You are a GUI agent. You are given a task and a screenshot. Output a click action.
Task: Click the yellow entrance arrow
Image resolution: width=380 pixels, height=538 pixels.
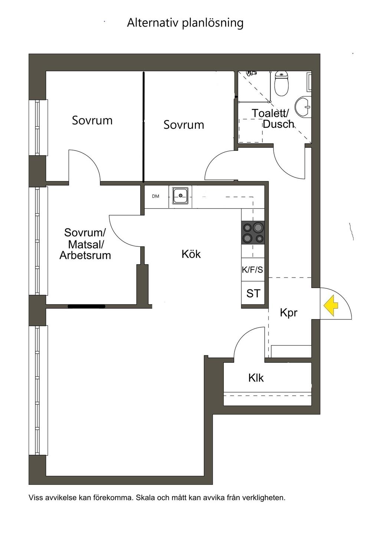pos(331,305)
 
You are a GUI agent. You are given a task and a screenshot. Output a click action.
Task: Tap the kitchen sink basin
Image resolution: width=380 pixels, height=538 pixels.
pos(180,196)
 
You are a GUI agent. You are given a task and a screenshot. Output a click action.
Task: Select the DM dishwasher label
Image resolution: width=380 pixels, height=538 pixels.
pos(155,196)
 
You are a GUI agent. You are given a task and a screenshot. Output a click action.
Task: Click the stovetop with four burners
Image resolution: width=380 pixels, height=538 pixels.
pos(253,233)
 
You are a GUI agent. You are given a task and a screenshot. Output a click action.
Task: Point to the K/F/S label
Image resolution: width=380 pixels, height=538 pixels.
pos(252,270)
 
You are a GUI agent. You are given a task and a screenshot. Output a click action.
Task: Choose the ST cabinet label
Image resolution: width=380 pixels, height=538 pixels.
pos(253,294)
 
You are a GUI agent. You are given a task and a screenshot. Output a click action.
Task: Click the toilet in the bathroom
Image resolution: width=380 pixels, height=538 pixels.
pos(282,83)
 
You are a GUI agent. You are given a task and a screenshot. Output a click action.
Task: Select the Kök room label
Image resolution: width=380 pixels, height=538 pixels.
pos(191,254)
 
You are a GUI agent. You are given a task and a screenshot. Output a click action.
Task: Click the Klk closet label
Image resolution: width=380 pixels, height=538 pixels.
pos(256,378)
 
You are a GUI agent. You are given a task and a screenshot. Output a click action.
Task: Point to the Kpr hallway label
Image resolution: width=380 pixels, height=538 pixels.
pos(289,313)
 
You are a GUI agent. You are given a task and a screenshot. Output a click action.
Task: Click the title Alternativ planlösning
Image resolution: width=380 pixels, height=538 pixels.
pos(185,23)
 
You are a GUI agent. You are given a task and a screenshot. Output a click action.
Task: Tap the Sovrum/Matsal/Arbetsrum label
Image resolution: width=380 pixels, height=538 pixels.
pos(85,244)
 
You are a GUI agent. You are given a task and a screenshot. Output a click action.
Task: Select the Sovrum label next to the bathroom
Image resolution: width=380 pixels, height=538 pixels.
pos(184,125)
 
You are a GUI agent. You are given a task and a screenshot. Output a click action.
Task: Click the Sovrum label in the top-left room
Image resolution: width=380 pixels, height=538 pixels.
pos(92,120)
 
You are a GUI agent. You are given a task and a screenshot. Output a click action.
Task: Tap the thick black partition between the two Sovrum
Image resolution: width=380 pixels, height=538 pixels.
pos(144,127)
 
